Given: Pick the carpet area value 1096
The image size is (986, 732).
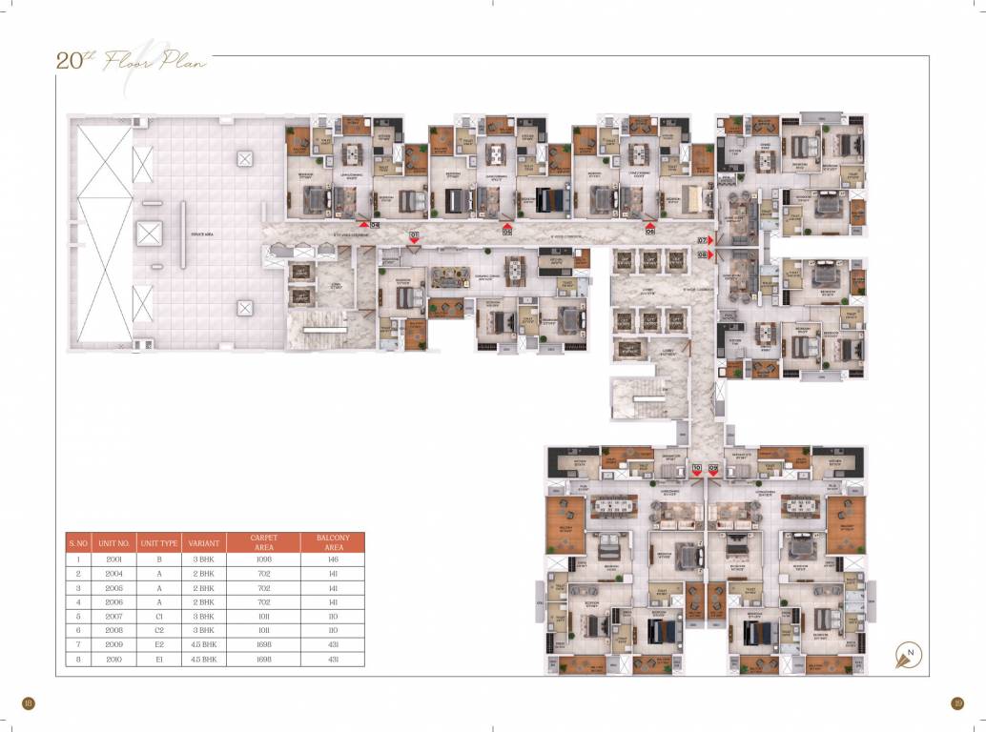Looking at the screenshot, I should click(x=264, y=559).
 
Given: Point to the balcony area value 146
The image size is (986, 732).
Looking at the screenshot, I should click(x=333, y=559).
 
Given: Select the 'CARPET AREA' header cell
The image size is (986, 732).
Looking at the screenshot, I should click(x=264, y=542).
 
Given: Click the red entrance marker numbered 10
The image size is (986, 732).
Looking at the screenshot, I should click(x=697, y=469).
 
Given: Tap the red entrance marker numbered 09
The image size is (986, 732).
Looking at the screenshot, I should click(x=713, y=469).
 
